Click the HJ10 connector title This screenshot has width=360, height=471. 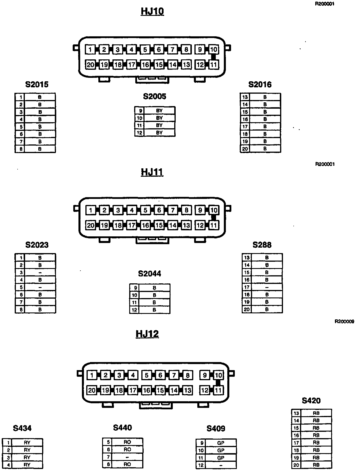coord(152,11)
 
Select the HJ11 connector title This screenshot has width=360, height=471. coord(152,172)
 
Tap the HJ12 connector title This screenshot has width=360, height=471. coord(147,334)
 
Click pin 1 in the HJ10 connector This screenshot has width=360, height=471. coord(90,50)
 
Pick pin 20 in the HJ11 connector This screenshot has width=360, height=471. coord(91,225)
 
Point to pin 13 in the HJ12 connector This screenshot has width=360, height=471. coord(187,390)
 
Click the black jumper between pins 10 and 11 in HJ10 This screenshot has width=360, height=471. coord(213,57)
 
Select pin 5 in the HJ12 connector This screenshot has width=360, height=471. coord(147,375)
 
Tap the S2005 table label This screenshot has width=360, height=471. coord(155,96)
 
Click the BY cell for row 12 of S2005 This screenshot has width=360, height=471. coord(159,133)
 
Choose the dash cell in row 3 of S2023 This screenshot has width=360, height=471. coord(40,272)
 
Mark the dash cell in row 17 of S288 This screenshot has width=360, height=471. coord(267,287)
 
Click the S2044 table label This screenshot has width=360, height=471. coord(149,274)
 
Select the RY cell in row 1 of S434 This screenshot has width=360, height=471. coord(27,442)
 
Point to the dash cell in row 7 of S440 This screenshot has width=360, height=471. coord(127,457)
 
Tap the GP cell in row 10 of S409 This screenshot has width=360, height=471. coord(221,450)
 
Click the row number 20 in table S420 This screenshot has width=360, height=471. coord(296,465)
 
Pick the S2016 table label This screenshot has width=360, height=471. coord(260,84)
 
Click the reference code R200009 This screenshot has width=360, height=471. coord(344,321)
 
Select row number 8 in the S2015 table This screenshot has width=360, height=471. coord(21,149)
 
